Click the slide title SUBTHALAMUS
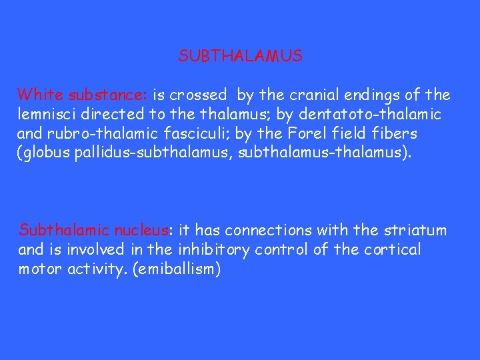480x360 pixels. coord(240,56)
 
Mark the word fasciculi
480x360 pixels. coord(184,133)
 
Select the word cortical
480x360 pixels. coord(392,250)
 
